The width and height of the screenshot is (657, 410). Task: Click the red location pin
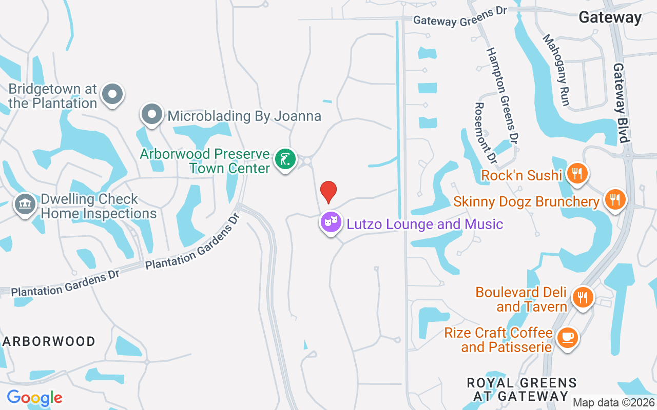tap(328, 192)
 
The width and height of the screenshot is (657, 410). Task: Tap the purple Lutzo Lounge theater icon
tap(331, 222)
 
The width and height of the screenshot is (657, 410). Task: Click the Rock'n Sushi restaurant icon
tap(577, 174)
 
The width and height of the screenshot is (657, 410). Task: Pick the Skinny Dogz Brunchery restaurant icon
tap(614, 199)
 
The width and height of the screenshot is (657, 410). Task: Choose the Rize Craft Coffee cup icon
tap(568, 338)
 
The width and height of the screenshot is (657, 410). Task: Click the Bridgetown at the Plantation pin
tap(112, 94)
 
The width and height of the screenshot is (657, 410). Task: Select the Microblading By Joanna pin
tap(152, 114)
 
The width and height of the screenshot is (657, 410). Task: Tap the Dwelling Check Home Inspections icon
tap(24, 204)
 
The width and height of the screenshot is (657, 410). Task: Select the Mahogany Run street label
tap(556, 70)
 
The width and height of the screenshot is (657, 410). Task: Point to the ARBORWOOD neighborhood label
tap(49, 342)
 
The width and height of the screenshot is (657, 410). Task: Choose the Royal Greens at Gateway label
tap(521, 389)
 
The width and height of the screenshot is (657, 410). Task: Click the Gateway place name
tap(610, 17)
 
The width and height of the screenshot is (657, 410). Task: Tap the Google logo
tap(34, 397)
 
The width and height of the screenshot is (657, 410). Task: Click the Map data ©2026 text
tap(614, 403)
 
